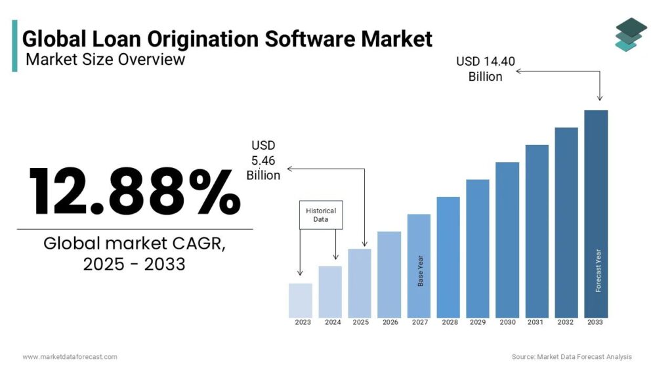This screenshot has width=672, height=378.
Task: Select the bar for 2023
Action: click(x=301, y=301)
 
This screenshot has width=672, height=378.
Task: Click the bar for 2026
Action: click(x=389, y=274)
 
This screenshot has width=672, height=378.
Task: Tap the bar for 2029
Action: click(x=478, y=248)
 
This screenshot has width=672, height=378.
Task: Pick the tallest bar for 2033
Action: click(x=596, y=214)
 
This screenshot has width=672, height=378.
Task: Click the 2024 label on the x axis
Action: click(x=333, y=323)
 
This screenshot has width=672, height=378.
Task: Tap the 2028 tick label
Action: click(x=450, y=323)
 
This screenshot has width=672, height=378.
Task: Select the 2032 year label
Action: click(x=566, y=323)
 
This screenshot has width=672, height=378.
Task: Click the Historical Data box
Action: click(x=321, y=215)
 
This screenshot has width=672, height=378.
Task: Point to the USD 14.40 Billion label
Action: click(x=486, y=69)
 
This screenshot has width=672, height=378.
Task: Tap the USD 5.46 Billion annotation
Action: click(x=263, y=160)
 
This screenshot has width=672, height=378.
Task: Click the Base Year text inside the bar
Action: click(x=421, y=270)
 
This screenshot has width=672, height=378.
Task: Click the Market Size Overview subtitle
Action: click(x=105, y=60)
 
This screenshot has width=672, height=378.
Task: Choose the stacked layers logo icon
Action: click(x=631, y=34)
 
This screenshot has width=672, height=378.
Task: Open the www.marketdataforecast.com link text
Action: click(x=70, y=357)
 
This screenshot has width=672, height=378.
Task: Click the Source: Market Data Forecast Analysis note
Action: click(x=572, y=357)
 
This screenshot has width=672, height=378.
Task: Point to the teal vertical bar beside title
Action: click(x=14, y=45)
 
